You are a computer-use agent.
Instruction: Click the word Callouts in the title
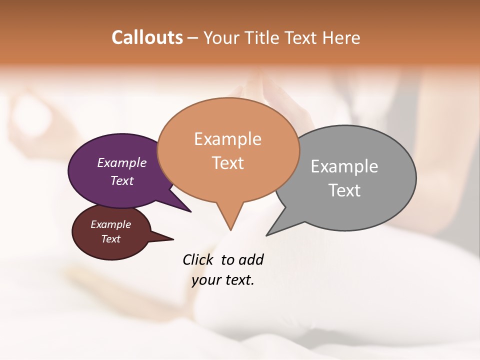[x=147, y=37]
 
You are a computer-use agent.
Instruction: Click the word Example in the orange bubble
[x=228, y=139]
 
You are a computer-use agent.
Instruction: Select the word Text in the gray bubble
[x=344, y=190]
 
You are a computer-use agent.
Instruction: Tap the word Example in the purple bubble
[x=122, y=163]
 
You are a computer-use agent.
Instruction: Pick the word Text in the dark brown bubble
[x=111, y=239]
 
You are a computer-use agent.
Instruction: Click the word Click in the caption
[x=198, y=259]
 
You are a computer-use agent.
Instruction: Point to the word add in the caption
[x=251, y=259]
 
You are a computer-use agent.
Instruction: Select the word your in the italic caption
[x=205, y=280]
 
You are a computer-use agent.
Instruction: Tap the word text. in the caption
[x=239, y=280]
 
